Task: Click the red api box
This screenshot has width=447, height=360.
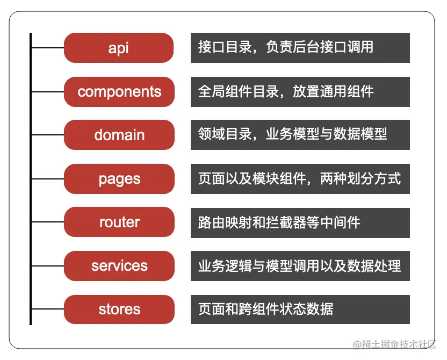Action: pos(119,48)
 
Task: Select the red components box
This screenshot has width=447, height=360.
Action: pos(119,91)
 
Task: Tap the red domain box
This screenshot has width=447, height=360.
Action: pos(119,135)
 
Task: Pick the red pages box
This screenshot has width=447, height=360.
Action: pos(119,179)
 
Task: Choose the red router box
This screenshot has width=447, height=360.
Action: pos(119,222)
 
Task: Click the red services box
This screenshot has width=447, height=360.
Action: pos(119,266)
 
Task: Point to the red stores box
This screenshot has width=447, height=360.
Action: pos(119,309)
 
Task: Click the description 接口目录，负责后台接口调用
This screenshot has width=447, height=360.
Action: pos(300,48)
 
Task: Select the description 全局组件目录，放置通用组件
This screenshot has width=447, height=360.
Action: pos(300,91)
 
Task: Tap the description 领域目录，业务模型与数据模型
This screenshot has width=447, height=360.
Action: pos(300,135)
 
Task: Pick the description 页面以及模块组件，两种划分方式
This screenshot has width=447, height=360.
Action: pos(300,179)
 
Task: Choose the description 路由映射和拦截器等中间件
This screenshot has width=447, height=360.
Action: pos(300,222)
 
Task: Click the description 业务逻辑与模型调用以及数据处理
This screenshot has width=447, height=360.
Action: pos(300,266)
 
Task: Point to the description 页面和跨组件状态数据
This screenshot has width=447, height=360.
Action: pos(300,309)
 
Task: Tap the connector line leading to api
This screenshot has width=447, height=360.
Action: pos(47,48)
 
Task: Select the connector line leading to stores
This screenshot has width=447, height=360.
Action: pos(47,309)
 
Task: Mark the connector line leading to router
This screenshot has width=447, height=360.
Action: pos(47,222)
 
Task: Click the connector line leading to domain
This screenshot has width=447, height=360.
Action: pos(47,135)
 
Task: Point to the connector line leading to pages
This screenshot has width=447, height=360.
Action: pos(47,179)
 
